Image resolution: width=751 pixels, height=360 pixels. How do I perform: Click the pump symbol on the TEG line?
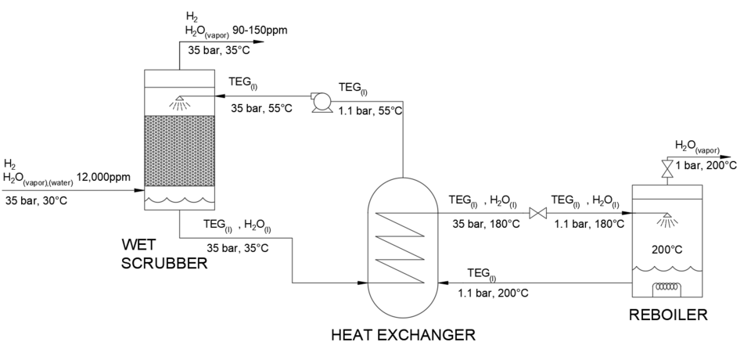click(x=319, y=101)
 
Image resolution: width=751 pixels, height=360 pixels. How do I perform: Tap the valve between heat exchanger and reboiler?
click(x=537, y=213)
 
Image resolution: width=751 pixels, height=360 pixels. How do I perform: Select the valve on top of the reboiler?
click(x=667, y=168)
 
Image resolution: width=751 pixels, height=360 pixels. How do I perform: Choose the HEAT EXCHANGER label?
click(x=403, y=336)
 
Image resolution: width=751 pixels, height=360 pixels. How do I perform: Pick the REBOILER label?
click(x=669, y=316)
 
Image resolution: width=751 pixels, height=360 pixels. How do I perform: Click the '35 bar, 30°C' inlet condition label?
click(x=37, y=200)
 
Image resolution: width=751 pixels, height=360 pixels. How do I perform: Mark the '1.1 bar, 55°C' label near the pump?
click(x=369, y=111)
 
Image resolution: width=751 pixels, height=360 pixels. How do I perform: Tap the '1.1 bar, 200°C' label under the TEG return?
click(x=493, y=293)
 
